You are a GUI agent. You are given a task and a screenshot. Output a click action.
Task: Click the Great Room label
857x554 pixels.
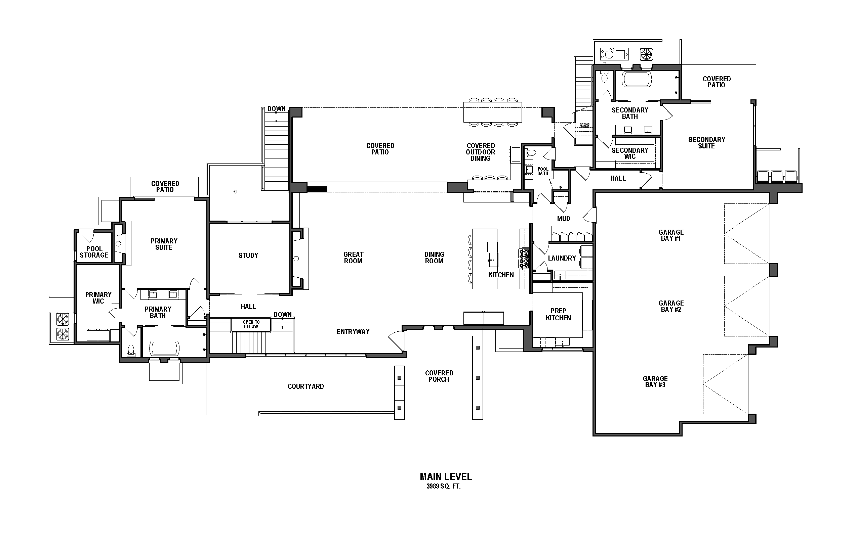(353, 258)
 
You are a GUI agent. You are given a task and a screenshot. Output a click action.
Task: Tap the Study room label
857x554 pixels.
(248, 256)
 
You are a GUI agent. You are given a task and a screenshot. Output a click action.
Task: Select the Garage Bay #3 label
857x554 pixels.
(655, 381)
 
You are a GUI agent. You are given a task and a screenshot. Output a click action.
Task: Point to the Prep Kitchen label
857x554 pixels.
(558, 314)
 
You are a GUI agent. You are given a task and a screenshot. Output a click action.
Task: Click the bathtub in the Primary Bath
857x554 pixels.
(164, 348)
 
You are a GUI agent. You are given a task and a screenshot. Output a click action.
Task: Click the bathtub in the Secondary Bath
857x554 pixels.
(637, 80)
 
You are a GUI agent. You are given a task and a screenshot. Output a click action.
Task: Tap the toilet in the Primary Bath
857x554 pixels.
(131, 350)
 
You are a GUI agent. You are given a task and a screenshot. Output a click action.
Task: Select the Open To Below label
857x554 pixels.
(251, 324)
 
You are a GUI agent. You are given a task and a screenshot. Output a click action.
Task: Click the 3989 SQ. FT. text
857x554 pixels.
(443, 487)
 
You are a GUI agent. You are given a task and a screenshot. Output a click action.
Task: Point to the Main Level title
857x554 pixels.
(445, 476)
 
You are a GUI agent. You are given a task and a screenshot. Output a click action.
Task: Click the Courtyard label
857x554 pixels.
(305, 386)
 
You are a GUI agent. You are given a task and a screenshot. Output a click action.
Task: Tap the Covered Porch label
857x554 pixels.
(439, 376)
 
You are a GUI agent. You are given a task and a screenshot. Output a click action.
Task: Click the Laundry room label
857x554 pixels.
(562, 258)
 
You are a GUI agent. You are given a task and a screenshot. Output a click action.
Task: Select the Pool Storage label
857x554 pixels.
(94, 252)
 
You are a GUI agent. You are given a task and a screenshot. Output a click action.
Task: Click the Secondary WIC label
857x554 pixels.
(629, 153)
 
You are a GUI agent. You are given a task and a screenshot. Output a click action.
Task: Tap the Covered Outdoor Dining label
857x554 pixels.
(480, 152)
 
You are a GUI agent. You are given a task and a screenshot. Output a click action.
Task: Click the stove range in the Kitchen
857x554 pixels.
(524, 259)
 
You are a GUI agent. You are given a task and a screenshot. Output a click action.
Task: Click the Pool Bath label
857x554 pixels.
(543, 171)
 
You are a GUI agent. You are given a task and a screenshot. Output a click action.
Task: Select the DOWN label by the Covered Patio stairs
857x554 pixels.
(276, 109)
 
